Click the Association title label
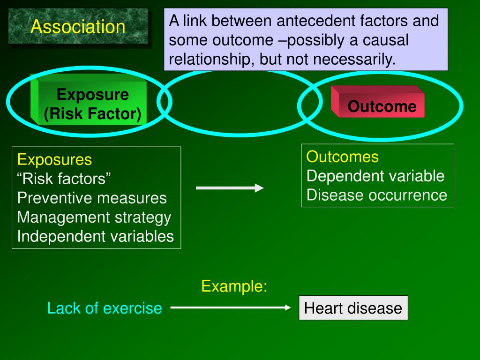pyautogui.click(x=78, y=27)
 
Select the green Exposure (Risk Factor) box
pyautogui.click(x=92, y=105)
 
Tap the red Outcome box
pyautogui.click(x=381, y=106)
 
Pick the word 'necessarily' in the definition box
pyautogui.click(x=355, y=60)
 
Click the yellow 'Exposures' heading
pyautogui.click(x=54, y=160)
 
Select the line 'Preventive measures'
pyautogui.click(x=92, y=198)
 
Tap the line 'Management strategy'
pyautogui.click(x=94, y=217)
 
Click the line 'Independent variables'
pyautogui.click(x=95, y=236)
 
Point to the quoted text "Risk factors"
pyautogui.click(x=64, y=179)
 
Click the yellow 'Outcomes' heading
pyautogui.click(x=342, y=157)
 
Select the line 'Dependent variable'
pyautogui.click(x=375, y=176)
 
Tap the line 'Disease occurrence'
pyautogui.click(x=377, y=195)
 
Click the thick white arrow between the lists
pyautogui.click(x=229, y=188)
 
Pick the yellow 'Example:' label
pyautogui.click(x=234, y=286)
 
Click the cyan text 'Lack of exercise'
pyautogui.click(x=105, y=308)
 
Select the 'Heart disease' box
pyautogui.click(x=353, y=308)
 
